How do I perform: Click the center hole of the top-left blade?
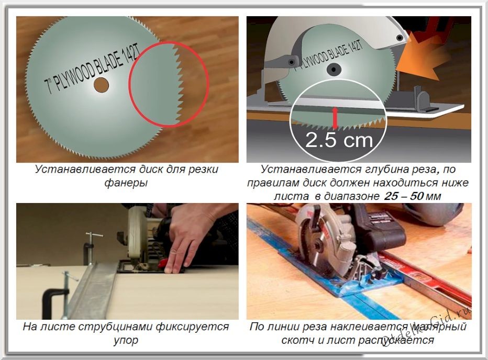coord(102,84)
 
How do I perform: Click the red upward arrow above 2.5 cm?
coord(335,118)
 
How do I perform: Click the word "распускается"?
coord(387,340)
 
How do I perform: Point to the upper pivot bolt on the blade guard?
coord(401,38)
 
